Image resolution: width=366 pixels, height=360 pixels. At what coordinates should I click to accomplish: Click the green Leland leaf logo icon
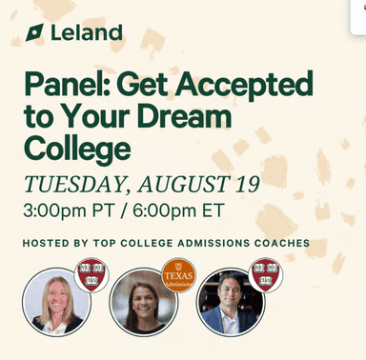[35, 33]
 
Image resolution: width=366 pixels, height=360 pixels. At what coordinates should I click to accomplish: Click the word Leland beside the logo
[87, 33]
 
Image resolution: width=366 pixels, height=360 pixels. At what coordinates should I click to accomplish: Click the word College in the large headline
[77, 149]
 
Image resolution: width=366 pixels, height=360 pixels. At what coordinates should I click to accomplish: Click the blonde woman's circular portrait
[56, 301]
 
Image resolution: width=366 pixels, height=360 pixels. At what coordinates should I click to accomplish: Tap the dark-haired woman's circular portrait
[143, 301]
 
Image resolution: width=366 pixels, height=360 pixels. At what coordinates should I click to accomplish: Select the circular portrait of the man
[230, 301]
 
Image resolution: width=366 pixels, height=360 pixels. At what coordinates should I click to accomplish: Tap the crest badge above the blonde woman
[91, 274]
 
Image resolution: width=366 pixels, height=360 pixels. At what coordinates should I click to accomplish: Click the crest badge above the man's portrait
[265, 274]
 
